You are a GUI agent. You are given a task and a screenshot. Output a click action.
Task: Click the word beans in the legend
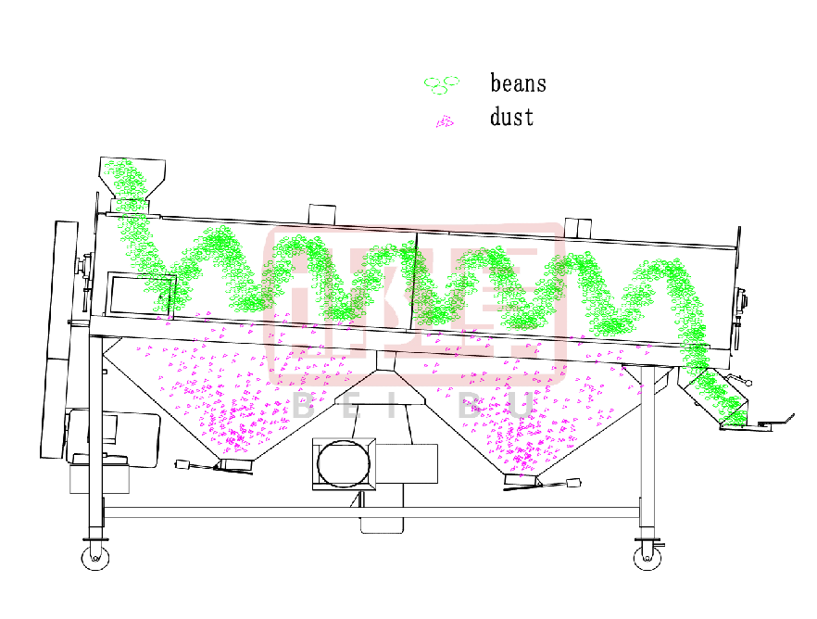[x=518, y=83]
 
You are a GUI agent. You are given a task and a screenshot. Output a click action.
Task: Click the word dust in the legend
[x=511, y=118]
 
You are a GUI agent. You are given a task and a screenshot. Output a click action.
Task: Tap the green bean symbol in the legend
[x=442, y=84]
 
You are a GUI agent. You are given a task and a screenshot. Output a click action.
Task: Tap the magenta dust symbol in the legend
[x=445, y=121]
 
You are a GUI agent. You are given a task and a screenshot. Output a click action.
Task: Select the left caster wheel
[x=94, y=556]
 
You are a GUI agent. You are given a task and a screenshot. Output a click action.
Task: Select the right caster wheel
[x=645, y=556]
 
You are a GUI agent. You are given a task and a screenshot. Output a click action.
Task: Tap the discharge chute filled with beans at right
[x=715, y=394]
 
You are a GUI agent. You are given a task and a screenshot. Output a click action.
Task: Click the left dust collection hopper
[x=232, y=398]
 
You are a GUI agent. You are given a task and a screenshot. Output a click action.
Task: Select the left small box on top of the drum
[x=321, y=214]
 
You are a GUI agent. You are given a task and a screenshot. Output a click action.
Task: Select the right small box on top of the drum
[x=577, y=227]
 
